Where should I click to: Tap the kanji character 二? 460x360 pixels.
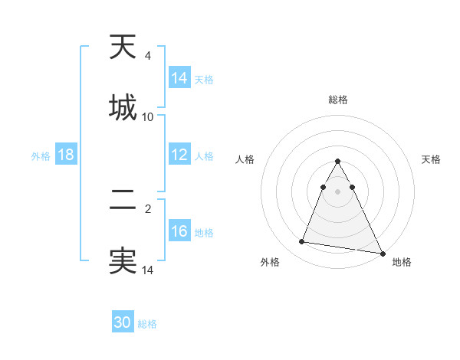[123, 201]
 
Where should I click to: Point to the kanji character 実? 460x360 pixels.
[123, 260]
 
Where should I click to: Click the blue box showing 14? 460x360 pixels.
[179, 78]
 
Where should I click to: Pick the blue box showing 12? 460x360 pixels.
[179, 155]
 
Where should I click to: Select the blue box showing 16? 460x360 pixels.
[179, 231]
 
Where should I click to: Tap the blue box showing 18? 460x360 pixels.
[66, 155]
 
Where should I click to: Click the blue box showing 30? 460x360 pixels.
[123, 322]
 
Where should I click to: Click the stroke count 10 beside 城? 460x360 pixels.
[148, 116]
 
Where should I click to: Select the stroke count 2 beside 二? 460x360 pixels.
[148, 208]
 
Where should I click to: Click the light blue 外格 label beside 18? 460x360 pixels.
[41, 155]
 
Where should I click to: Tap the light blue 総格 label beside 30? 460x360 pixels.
[147, 324]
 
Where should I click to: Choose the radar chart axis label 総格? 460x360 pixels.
[338, 100]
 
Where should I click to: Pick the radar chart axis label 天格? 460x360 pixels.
[431, 159]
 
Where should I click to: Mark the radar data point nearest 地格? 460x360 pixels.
[381, 254]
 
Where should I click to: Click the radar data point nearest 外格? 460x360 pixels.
[302, 242]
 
